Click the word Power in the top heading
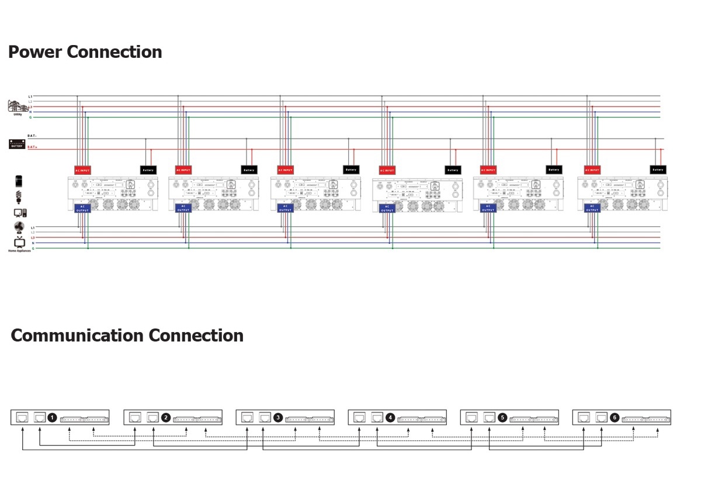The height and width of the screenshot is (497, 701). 34,52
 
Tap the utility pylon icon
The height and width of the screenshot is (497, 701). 18,106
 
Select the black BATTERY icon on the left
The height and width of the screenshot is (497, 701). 17,144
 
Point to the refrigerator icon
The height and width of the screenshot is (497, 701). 18,181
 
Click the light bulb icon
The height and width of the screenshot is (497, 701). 18,196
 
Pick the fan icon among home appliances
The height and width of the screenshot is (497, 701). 18,227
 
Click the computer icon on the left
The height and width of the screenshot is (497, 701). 19,213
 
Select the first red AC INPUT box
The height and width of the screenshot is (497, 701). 83,170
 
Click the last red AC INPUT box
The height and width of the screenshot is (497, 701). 592,170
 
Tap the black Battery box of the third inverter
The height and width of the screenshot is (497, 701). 351,170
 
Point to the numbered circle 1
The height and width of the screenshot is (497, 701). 52,417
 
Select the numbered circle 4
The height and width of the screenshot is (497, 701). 390,417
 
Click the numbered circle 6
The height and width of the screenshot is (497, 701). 614,417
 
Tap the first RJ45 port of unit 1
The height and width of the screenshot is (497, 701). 22,417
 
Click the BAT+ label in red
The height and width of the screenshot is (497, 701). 32,147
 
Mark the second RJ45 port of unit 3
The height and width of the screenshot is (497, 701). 264,417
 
